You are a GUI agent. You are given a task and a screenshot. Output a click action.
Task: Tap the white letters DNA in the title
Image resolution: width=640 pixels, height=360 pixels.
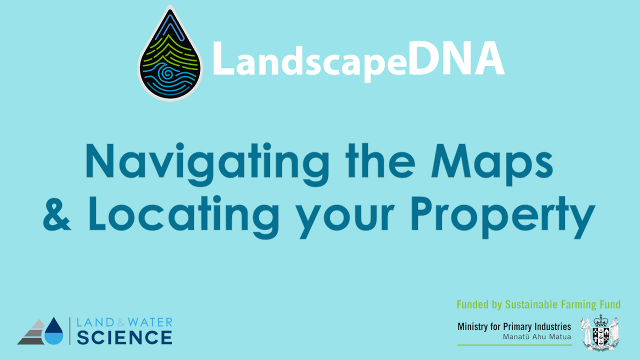pyautogui.click(x=456, y=58)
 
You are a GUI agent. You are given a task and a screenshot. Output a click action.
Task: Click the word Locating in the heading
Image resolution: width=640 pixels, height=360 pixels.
pyautogui.click(x=183, y=217)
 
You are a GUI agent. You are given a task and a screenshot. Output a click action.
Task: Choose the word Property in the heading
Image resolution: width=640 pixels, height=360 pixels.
pyautogui.click(x=503, y=217)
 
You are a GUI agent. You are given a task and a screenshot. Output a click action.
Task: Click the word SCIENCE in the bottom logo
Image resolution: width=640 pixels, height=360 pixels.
pyautogui.click(x=124, y=337)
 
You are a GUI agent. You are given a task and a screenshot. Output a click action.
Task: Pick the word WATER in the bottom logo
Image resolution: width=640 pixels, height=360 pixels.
pyautogui.click(x=150, y=322)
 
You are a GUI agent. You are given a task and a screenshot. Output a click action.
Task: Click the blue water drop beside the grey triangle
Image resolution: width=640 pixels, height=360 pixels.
pyautogui.click(x=53, y=331)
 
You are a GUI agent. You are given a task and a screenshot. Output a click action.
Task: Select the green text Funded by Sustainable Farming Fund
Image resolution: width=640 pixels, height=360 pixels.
pyautogui.click(x=538, y=304)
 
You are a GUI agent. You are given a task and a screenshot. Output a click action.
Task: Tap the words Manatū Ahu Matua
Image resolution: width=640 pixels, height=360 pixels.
pyautogui.click(x=537, y=337)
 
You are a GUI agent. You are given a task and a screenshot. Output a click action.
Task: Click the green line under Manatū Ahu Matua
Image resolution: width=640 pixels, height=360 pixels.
pyautogui.click(x=515, y=345)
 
